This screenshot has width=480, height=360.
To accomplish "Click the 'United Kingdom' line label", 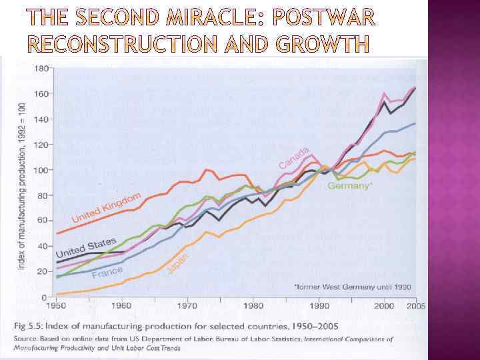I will [x=106, y=207].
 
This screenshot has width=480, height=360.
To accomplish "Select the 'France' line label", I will [x=107, y=273].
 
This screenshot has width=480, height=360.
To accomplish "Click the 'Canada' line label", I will [x=294, y=157].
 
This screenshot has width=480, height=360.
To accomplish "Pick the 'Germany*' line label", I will [x=349, y=186].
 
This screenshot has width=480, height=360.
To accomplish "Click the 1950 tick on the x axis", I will [x=56, y=306].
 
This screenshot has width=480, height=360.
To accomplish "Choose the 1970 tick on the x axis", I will [x=188, y=306].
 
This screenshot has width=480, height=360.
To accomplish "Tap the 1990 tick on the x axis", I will [x=319, y=306].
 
